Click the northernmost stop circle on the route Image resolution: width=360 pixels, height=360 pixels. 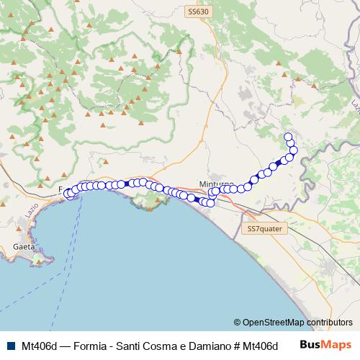coord(289,137)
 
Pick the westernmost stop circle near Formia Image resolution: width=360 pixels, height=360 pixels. coord(68,194)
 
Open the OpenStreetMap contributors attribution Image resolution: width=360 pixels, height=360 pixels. coord(293,323)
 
